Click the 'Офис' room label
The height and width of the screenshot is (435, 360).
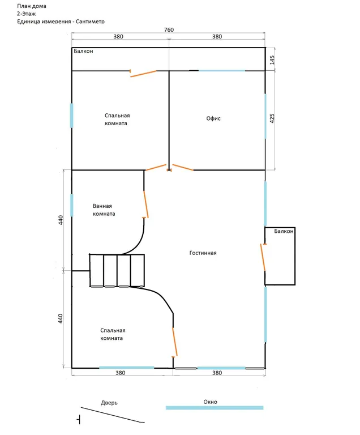coord(213,118)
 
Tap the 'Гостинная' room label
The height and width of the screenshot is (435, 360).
coord(203,253)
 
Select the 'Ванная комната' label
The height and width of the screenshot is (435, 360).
coord(104,210)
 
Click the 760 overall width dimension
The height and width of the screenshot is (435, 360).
coord(169,29)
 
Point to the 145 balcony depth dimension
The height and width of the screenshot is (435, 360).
coord(272,60)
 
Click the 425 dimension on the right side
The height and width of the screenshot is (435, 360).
coord(272,118)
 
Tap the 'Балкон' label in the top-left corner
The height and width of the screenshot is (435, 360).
coord(83,51)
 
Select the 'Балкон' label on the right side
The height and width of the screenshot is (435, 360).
coord(284,231)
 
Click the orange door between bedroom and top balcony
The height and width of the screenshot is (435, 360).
coord(143,73)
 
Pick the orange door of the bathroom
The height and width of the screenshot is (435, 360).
coord(146,204)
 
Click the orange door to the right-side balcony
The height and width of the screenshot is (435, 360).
coord(263,257)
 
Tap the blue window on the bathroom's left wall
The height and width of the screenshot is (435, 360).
coord(71,205)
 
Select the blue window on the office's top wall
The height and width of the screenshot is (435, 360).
coord(221,71)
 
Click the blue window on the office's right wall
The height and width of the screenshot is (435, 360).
coord(265,116)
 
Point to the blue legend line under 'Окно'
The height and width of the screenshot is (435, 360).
coord(215,408)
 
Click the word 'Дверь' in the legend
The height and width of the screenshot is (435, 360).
coord(109,403)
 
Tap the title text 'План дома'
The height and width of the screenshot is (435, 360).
coord(32,6)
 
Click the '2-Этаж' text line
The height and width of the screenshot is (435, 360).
coord(27,14)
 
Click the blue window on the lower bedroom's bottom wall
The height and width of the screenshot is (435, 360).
coord(126,368)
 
